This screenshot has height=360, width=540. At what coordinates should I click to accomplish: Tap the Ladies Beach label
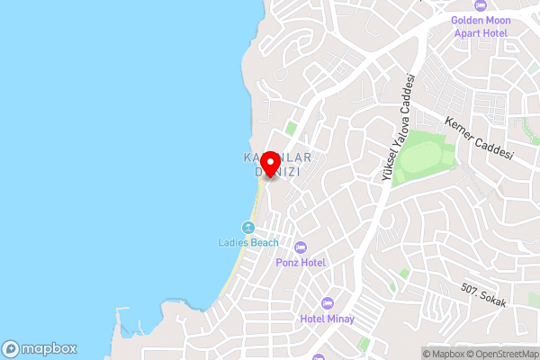[x=248, y=242]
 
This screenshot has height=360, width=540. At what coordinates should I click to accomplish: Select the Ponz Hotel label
[x=301, y=262]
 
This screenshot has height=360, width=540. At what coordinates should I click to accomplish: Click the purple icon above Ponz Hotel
[x=301, y=247]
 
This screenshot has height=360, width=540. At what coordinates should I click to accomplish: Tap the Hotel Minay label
[x=328, y=319]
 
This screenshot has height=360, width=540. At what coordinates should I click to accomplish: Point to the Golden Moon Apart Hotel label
[x=480, y=26]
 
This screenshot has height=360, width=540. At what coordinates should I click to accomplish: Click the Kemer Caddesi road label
[x=479, y=139]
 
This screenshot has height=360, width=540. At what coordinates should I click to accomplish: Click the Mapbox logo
[x=39, y=348]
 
